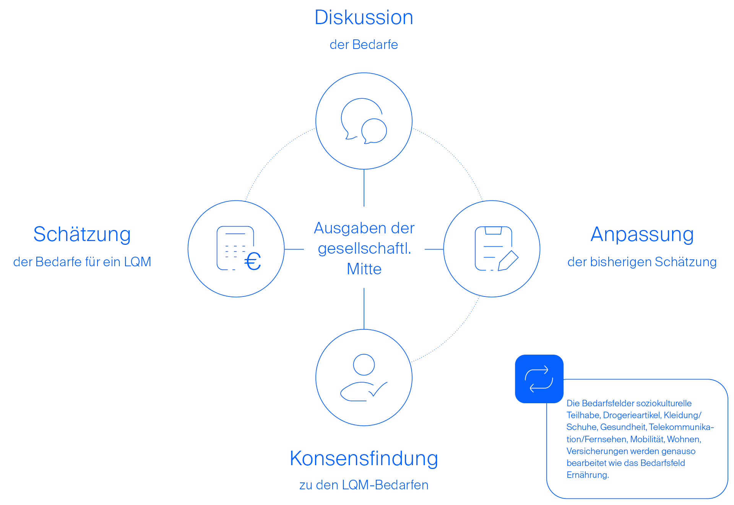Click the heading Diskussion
[364, 18]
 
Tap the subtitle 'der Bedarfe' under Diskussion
[364, 45]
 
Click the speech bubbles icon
[364, 121]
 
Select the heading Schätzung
[82, 235]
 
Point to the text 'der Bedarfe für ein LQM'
[82, 262]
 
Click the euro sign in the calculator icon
[253, 262]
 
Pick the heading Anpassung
[642, 235]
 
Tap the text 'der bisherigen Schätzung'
[642, 262]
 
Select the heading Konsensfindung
[364, 458]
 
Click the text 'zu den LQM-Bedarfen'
[364, 485]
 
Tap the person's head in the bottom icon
[364, 364]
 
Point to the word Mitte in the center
[364, 269]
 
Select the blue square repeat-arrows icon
[539, 379]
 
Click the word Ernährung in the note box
[587, 475]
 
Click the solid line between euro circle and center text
[294, 249]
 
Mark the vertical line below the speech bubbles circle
[364, 188]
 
